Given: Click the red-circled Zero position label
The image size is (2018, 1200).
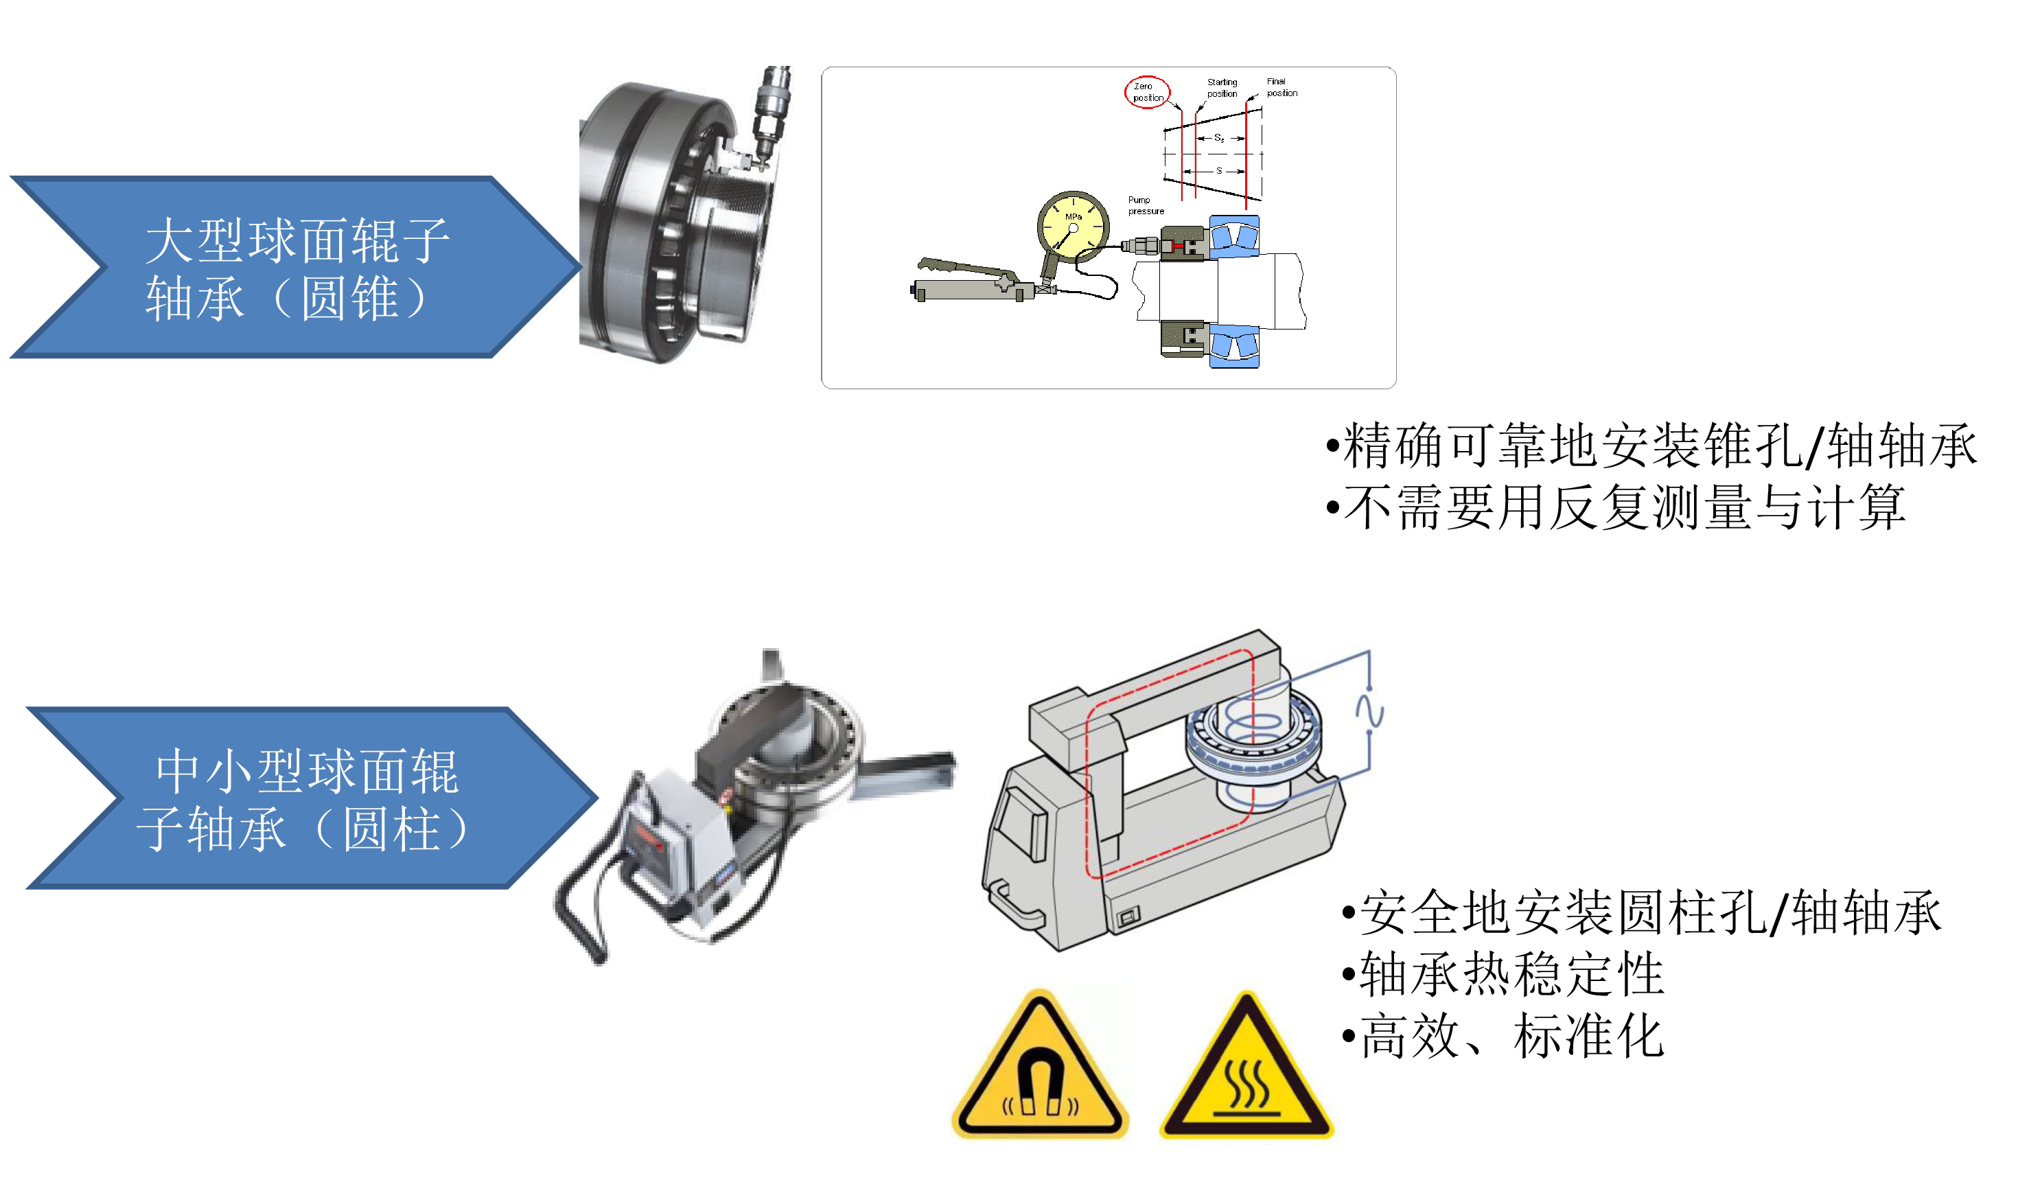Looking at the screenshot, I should [1146, 91].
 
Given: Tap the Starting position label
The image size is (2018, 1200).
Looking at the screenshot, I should [1222, 87].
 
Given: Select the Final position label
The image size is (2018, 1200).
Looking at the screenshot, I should [1281, 86].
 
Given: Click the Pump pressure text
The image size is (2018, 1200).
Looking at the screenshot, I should [1145, 205].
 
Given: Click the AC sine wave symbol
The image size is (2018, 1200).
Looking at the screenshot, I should [1369, 710].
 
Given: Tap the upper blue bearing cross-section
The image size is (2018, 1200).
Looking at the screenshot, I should [1233, 236].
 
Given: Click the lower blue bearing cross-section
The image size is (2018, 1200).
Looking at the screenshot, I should [1233, 345].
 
